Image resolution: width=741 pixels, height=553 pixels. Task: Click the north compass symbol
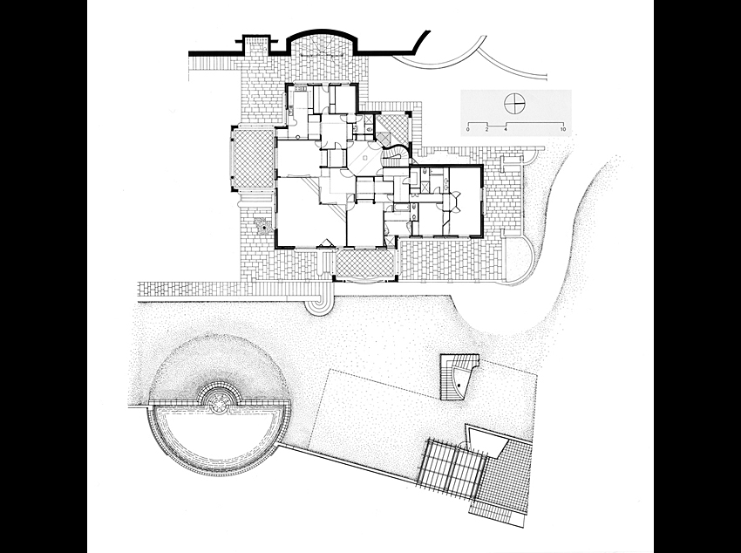(x=514, y=104)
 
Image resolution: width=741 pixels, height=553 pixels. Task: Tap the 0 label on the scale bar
(x=468, y=129)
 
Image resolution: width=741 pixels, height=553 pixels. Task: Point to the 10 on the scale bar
(x=563, y=129)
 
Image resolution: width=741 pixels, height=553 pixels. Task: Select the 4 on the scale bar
(x=506, y=129)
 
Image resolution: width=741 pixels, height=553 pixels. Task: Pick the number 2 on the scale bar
(x=486, y=129)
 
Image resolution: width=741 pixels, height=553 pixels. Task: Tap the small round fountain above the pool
(x=219, y=401)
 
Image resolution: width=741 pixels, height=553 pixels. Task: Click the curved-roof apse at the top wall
(x=323, y=46)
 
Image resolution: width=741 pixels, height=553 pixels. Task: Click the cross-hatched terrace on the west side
(x=255, y=158)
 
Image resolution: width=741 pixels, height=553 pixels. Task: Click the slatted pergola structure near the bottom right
(x=451, y=467)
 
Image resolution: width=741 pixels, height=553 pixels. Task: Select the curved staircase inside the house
(x=397, y=156)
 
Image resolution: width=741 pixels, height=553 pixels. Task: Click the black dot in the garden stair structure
(x=458, y=386)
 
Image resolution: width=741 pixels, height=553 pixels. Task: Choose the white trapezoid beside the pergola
(x=486, y=440)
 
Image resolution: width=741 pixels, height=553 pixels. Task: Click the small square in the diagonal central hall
(x=364, y=159)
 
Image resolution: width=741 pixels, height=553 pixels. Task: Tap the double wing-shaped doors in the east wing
(x=457, y=201)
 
